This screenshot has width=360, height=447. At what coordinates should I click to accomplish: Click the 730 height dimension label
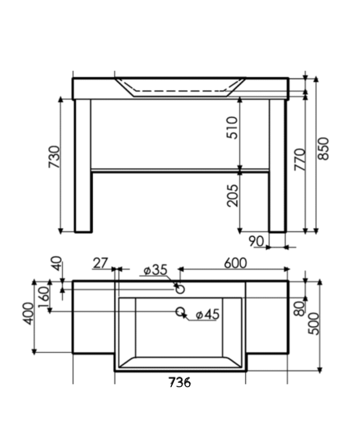pyautogui.click(x=53, y=158)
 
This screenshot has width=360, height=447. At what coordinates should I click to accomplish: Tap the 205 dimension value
pyautogui.click(x=232, y=195)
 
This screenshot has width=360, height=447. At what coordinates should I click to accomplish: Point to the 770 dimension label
pyautogui.click(x=300, y=159)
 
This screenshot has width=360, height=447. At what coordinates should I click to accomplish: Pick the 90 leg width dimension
pyautogui.click(x=256, y=241)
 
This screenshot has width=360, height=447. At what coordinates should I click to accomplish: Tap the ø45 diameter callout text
pyautogui.click(x=207, y=314)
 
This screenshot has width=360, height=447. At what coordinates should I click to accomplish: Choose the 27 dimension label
pyautogui.click(x=100, y=263)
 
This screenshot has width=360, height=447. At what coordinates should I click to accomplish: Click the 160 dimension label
pyautogui.click(x=43, y=295)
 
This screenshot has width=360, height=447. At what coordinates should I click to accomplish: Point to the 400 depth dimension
pyautogui.click(x=28, y=313)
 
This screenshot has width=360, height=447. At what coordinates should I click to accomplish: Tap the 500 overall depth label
pyautogui.click(x=313, y=324)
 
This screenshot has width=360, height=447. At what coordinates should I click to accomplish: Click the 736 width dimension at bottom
pyautogui.click(x=179, y=383)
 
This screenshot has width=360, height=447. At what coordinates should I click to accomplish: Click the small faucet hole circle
pyautogui.click(x=180, y=289)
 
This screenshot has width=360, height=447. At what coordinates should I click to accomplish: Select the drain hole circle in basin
pyautogui.click(x=180, y=311)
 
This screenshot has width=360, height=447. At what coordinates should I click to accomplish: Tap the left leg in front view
pyautogui.click(x=83, y=165)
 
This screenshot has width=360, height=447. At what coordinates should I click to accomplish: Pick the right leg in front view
pyautogui.click(x=277, y=165)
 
